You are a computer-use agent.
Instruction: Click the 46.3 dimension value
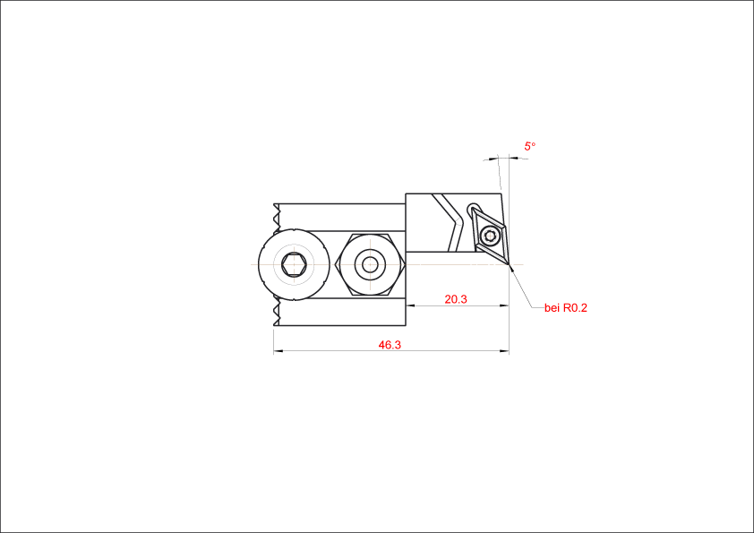click(x=390, y=345)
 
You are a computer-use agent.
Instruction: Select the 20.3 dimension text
click(x=456, y=299)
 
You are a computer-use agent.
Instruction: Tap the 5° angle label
click(x=529, y=146)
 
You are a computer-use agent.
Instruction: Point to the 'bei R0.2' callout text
click(x=566, y=308)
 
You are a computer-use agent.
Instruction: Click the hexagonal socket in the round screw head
click(x=294, y=264)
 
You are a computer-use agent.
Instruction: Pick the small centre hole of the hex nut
click(x=370, y=264)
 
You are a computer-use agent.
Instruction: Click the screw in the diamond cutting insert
click(x=490, y=236)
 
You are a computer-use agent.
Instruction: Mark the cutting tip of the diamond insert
click(x=509, y=264)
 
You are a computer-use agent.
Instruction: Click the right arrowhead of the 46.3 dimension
click(x=505, y=351)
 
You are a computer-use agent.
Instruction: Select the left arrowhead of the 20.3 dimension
click(x=410, y=305)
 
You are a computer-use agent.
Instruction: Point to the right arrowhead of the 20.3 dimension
click(x=505, y=305)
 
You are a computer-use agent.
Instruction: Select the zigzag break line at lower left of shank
click(x=277, y=313)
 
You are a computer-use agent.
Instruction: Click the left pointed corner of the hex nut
click(x=336, y=264)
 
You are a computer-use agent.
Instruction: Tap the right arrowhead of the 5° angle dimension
click(x=514, y=158)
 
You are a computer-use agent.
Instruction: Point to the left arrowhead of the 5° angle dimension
click(x=493, y=159)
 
